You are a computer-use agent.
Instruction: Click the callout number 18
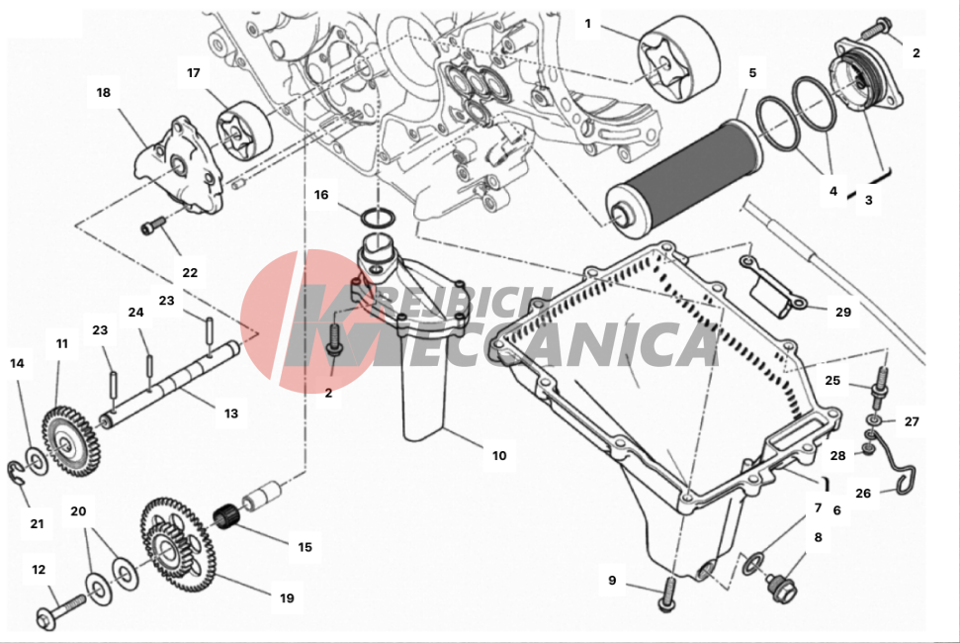point(103,93)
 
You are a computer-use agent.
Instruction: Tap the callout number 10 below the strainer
point(498,456)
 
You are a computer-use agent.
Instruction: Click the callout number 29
point(842,312)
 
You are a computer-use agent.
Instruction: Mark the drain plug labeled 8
point(781,586)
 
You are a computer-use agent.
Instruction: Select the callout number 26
point(863,493)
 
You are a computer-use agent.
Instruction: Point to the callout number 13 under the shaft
point(230,413)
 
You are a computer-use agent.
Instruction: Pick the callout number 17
point(194,72)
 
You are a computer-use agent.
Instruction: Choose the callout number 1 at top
point(587,22)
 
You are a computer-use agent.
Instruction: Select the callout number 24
point(135,312)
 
